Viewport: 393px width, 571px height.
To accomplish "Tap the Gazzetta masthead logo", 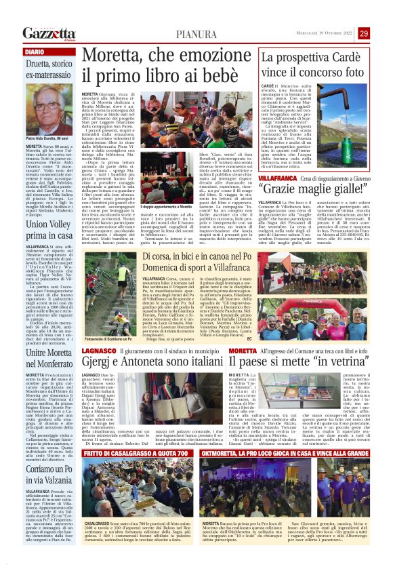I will point(48,34).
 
